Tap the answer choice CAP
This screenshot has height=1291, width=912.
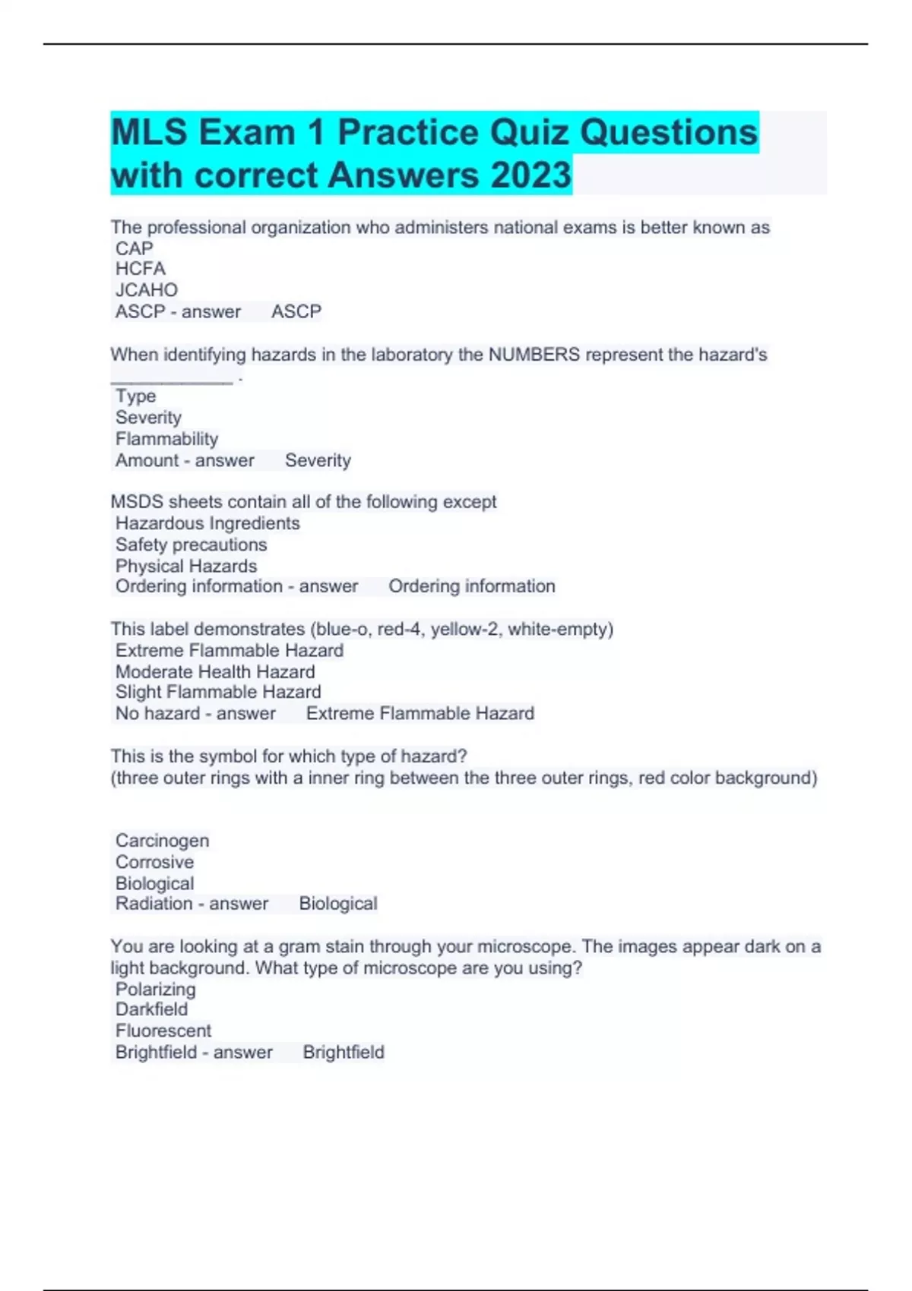(x=134, y=248)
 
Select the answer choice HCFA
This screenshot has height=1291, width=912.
(x=140, y=269)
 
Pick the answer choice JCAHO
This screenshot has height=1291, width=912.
(x=146, y=290)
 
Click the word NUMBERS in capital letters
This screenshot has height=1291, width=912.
(x=534, y=355)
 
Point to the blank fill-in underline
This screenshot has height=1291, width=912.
(x=172, y=380)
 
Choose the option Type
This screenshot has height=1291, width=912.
(x=135, y=396)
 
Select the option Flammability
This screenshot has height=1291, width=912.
(x=166, y=439)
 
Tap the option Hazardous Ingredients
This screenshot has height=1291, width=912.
(x=207, y=523)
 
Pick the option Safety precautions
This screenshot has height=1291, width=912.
(x=191, y=544)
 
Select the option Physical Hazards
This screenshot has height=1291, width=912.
(x=186, y=566)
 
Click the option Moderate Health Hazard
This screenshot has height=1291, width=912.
(x=215, y=672)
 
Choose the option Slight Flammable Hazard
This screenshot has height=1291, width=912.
(x=218, y=692)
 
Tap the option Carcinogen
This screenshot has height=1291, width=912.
(x=162, y=841)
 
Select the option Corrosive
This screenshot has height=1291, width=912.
(x=154, y=862)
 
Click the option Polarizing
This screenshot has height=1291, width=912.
(x=155, y=990)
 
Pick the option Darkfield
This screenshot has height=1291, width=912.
(x=151, y=1009)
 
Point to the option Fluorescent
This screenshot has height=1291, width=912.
(x=163, y=1031)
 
